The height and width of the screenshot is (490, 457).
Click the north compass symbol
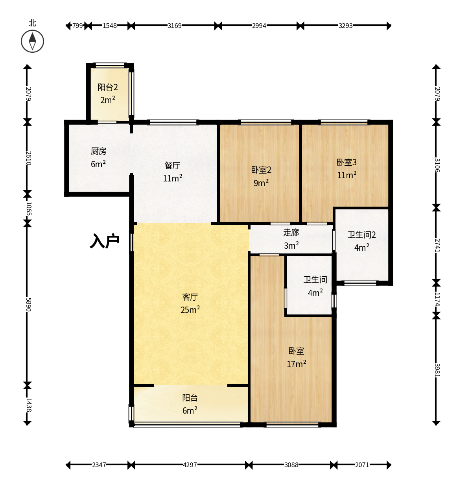(x=32, y=41)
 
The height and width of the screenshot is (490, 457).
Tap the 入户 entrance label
(x=105, y=240)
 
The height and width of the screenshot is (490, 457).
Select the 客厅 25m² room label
(x=190, y=303)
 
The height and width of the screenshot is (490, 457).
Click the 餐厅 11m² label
(x=172, y=172)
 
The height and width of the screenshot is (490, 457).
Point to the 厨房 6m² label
(x=98, y=157)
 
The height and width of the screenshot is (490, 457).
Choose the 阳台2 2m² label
(x=107, y=93)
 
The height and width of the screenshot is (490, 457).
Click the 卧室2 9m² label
(x=261, y=176)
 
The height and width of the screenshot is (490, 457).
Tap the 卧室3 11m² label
(x=346, y=168)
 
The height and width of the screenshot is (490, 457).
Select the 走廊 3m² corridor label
(x=291, y=239)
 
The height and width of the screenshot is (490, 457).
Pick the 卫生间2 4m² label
(x=361, y=241)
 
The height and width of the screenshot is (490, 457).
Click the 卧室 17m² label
(x=296, y=357)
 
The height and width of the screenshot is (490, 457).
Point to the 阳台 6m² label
(x=190, y=404)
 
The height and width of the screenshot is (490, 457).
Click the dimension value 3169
(x=174, y=26)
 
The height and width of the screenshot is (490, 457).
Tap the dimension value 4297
(x=190, y=465)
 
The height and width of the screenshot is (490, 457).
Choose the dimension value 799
(x=77, y=26)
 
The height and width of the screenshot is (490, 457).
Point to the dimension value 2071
(x=362, y=465)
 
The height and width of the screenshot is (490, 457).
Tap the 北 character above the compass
(x=33, y=23)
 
